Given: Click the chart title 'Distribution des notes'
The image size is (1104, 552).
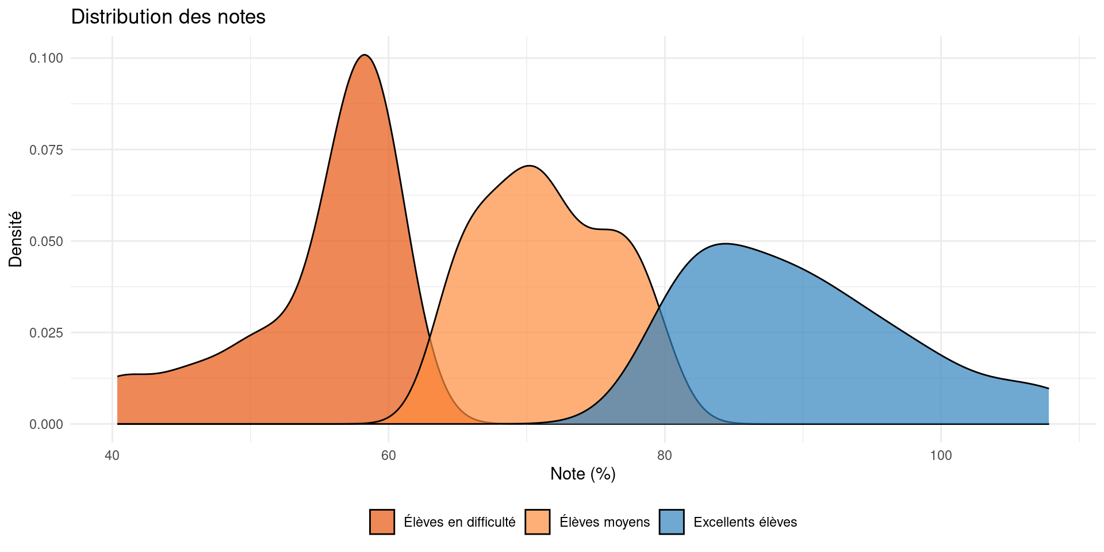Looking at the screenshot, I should (x=168, y=17).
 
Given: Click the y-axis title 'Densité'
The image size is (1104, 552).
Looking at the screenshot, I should (x=16, y=239).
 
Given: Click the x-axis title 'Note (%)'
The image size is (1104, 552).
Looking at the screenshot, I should (x=582, y=474).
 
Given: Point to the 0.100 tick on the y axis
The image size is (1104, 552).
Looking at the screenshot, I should (x=47, y=58).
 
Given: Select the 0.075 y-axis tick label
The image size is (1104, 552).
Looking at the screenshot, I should (x=47, y=149).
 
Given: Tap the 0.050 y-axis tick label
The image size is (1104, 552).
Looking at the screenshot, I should (x=47, y=241).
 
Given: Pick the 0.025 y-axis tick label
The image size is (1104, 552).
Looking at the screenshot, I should (x=47, y=332).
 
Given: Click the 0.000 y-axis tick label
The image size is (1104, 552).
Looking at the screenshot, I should (x=47, y=424).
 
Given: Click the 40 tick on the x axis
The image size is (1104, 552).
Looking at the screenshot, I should (x=112, y=456).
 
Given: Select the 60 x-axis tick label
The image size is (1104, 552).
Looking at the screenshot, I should (x=389, y=456).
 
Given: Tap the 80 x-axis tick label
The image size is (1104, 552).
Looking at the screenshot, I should (x=665, y=456).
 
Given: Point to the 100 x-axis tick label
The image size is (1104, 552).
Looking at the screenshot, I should (x=941, y=456).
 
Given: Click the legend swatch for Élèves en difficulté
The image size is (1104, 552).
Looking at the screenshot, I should (x=382, y=522).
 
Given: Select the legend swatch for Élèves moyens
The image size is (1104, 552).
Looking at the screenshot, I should (x=538, y=522).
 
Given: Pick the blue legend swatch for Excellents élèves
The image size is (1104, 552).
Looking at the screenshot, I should (x=672, y=522).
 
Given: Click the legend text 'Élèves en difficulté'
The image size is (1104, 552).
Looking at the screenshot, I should (x=459, y=522).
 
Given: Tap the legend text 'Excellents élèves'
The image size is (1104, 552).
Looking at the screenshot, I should (x=745, y=522).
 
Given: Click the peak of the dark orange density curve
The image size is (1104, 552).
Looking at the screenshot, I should (x=365, y=55).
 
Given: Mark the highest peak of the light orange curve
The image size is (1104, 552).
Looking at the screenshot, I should (x=529, y=166).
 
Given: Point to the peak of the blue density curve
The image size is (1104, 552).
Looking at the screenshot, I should (x=726, y=244).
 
